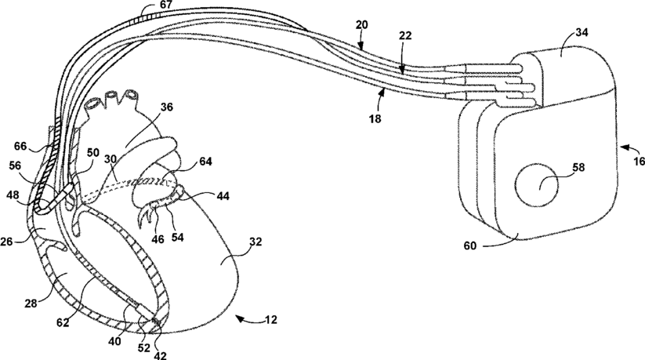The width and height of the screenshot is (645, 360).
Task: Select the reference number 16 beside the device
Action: [638, 161]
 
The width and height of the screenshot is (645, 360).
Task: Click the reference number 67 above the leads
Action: [166, 5]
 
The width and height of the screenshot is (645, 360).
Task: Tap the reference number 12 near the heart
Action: [270, 321]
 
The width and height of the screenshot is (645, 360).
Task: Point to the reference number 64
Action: [206, 162]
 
